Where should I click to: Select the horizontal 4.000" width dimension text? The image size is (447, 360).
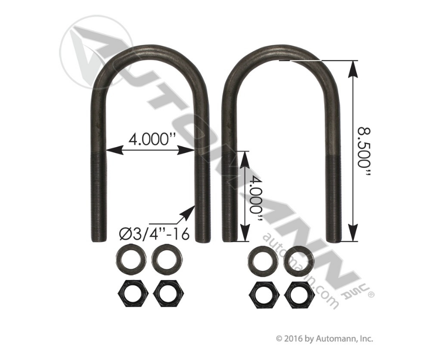(151, 139)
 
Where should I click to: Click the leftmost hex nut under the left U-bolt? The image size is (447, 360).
(130, 291)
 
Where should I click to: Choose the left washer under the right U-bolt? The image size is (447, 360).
(263, 260)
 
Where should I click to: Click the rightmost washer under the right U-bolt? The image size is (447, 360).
(299, 260)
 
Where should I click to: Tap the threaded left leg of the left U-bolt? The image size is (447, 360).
(97, 196)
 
